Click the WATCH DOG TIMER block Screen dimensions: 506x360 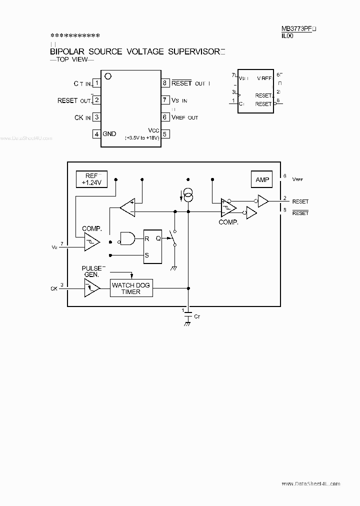pyautogui.click(x=130, y=288)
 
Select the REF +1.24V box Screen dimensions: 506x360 pyautogui.click(x=91, y=179)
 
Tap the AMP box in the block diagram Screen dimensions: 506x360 pyautogui.click(x=262, y=179)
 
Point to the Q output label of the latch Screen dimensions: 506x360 pyautogui.click(x=158, y=238)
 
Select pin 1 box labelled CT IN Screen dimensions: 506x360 pyautogui.click(x=97, y=83)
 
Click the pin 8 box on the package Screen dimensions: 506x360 pyautogui.click(x=164, y=83)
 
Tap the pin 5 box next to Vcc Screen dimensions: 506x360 pyautogui.click(x=164, y=133)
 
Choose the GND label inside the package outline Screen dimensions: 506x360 pyautogui.click(x=109, y=133)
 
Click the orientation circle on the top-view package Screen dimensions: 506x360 pyautogui.click(x=107, y=76)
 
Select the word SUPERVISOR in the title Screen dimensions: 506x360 pyautogui.click(x=193, y=51)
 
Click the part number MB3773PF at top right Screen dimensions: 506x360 pyautogui.click(x=296, y=29)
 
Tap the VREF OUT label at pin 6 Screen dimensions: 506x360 pyautogui.click(x=185, y=117)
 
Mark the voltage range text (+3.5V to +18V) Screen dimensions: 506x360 pyautogui.click(x=142, y=138)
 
